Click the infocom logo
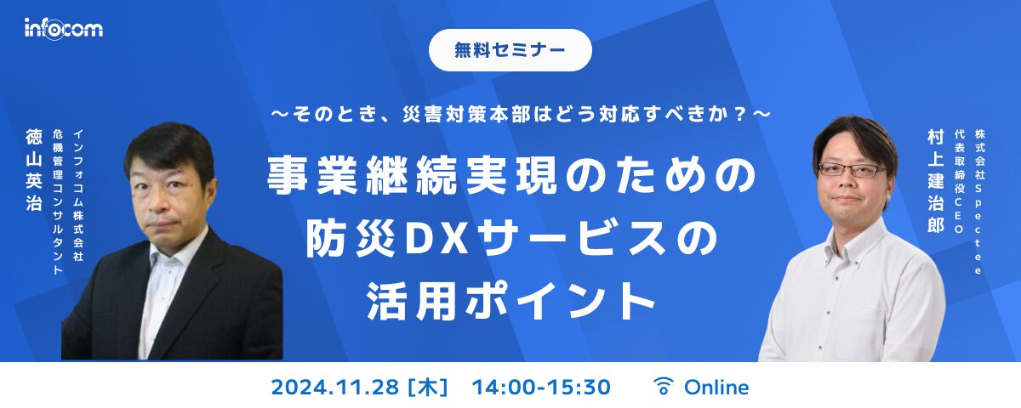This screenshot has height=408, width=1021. [x=63, y=29]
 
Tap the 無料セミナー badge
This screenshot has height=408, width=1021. [x=510, y=49]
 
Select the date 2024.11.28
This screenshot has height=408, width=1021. [x=334, y=388]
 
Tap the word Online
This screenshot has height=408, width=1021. [x=716, y=388]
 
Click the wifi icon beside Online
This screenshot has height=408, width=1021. [x=662, y=387]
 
